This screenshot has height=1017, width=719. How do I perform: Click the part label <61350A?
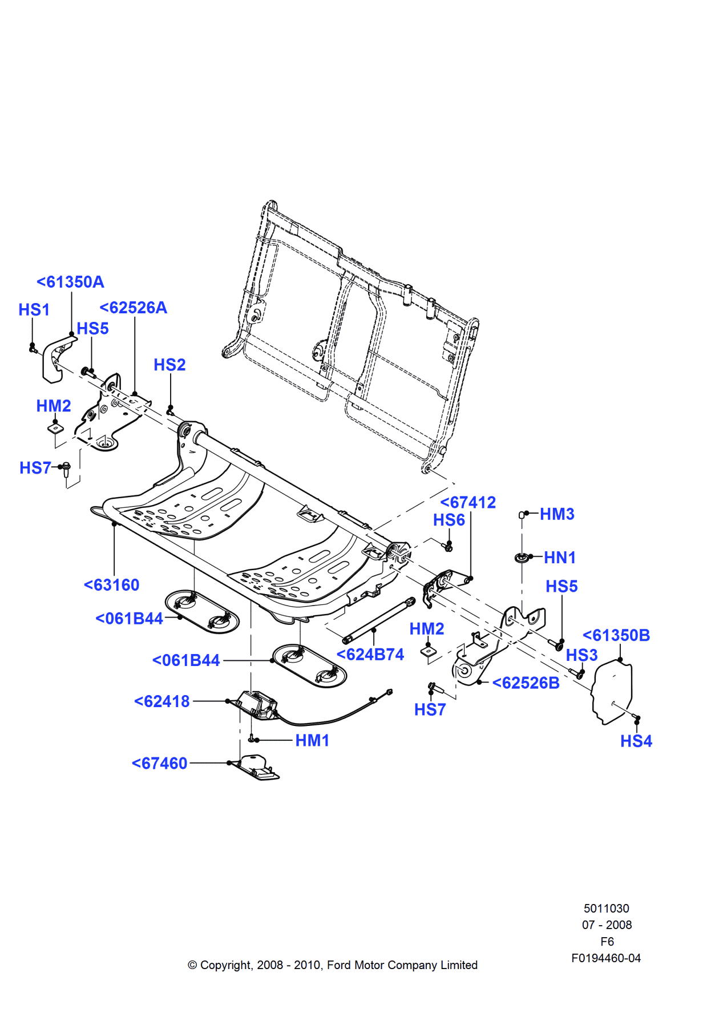pos(70,282)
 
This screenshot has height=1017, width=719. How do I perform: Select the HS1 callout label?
pos(34,310)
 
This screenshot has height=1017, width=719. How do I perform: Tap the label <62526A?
pos(133,308)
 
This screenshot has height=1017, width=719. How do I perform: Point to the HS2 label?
pos(169,365)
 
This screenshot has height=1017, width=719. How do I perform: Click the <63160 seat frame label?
pos(111,585)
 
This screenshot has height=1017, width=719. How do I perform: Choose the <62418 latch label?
pos(161,701)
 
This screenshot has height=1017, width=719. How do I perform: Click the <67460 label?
pos(159,763)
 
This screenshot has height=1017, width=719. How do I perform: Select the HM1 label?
pos(312,740)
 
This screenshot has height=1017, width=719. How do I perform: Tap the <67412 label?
pos(468,502)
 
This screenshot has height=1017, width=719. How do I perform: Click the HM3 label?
pos(557,514)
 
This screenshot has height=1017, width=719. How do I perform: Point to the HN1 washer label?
pos(559,558)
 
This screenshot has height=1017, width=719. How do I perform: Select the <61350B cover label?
pos(616,635)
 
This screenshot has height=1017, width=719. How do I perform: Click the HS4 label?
pos(636,741)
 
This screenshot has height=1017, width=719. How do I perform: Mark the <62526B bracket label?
pos(526,683)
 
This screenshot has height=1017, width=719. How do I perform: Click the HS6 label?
pos(449,520)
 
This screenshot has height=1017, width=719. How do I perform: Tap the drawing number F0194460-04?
pos(605,958)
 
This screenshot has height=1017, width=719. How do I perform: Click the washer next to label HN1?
pos(522,557)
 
